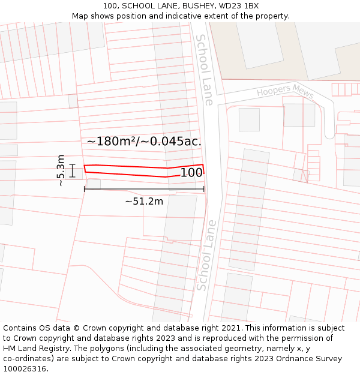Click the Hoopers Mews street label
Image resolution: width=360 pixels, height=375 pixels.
(x=285, y=91)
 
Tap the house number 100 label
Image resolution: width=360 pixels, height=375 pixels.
(x=191, y=173)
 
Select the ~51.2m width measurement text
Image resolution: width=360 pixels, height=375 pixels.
(x=144, y=202)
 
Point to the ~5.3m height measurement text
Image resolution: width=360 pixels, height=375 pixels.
(x=61, y=170)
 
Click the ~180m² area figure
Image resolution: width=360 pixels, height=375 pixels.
(x=112, y=142)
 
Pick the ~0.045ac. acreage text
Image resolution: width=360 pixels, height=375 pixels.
(x=172, y=142)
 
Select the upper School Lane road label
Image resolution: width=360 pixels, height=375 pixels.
(x=204, y=69)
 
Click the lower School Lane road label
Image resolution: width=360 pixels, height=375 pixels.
(x=206, y=255)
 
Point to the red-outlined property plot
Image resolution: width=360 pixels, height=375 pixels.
(x=126, y=170)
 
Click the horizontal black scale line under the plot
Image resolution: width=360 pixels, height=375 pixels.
(x=144, y=189)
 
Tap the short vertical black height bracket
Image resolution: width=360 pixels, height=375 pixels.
(x=73, y=171)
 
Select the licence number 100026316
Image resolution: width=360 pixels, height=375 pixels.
(x=25, y=369)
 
